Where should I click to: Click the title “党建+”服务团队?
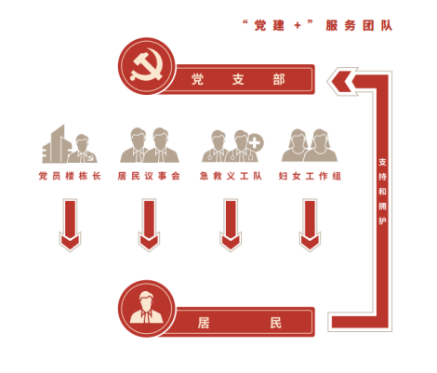point(317,25)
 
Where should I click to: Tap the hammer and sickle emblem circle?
point(147,66)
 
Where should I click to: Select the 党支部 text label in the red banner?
point(238,80)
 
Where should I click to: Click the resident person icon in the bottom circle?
point(146,307)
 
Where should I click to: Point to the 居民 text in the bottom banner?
point(240,323)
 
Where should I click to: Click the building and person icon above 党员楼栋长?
point(70,144)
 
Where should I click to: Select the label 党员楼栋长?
point(70,176)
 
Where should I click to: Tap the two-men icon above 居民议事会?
point(150,145)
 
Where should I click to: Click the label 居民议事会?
point(149,176)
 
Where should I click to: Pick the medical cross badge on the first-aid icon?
point(255,142)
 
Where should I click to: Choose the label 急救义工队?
point(231,176)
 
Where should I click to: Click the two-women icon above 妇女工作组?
point(310,145)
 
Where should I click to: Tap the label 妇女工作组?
point(310,176)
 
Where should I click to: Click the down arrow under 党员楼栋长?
point(70,225)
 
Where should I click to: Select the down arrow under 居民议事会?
point(149,225)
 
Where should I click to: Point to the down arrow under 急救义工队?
point(231,225)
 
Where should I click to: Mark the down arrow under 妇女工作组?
point(310,225)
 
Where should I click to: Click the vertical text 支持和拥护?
point(382,191)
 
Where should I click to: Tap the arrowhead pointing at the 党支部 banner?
point(341,81)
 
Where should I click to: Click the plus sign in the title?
point(298,25)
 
